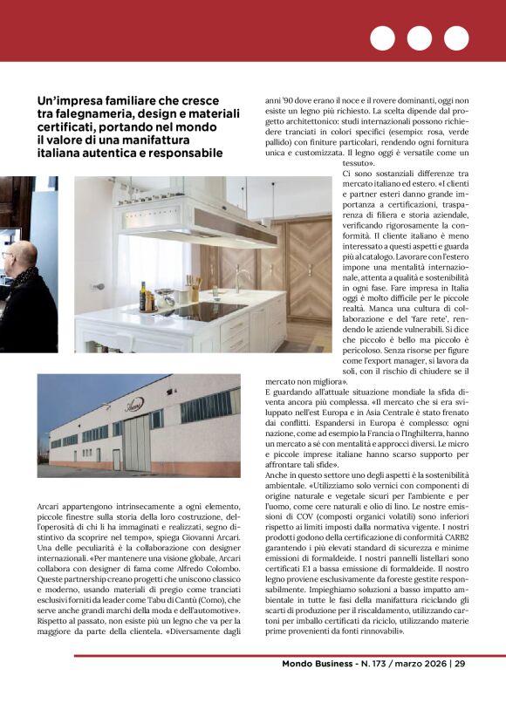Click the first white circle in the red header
pos(382,38)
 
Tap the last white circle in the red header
pos(456,38)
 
